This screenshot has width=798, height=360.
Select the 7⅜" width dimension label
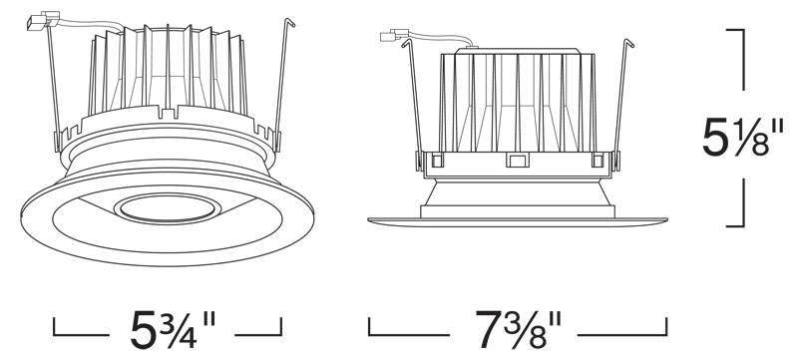(518, 329)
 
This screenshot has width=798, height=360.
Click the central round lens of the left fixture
(168, 208)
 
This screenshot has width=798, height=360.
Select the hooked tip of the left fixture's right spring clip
(290, 22)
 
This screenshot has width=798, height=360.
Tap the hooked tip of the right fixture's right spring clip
(629, 43)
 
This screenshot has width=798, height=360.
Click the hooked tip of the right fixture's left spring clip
(406, 43)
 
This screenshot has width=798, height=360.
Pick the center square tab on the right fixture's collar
(517, 161)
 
